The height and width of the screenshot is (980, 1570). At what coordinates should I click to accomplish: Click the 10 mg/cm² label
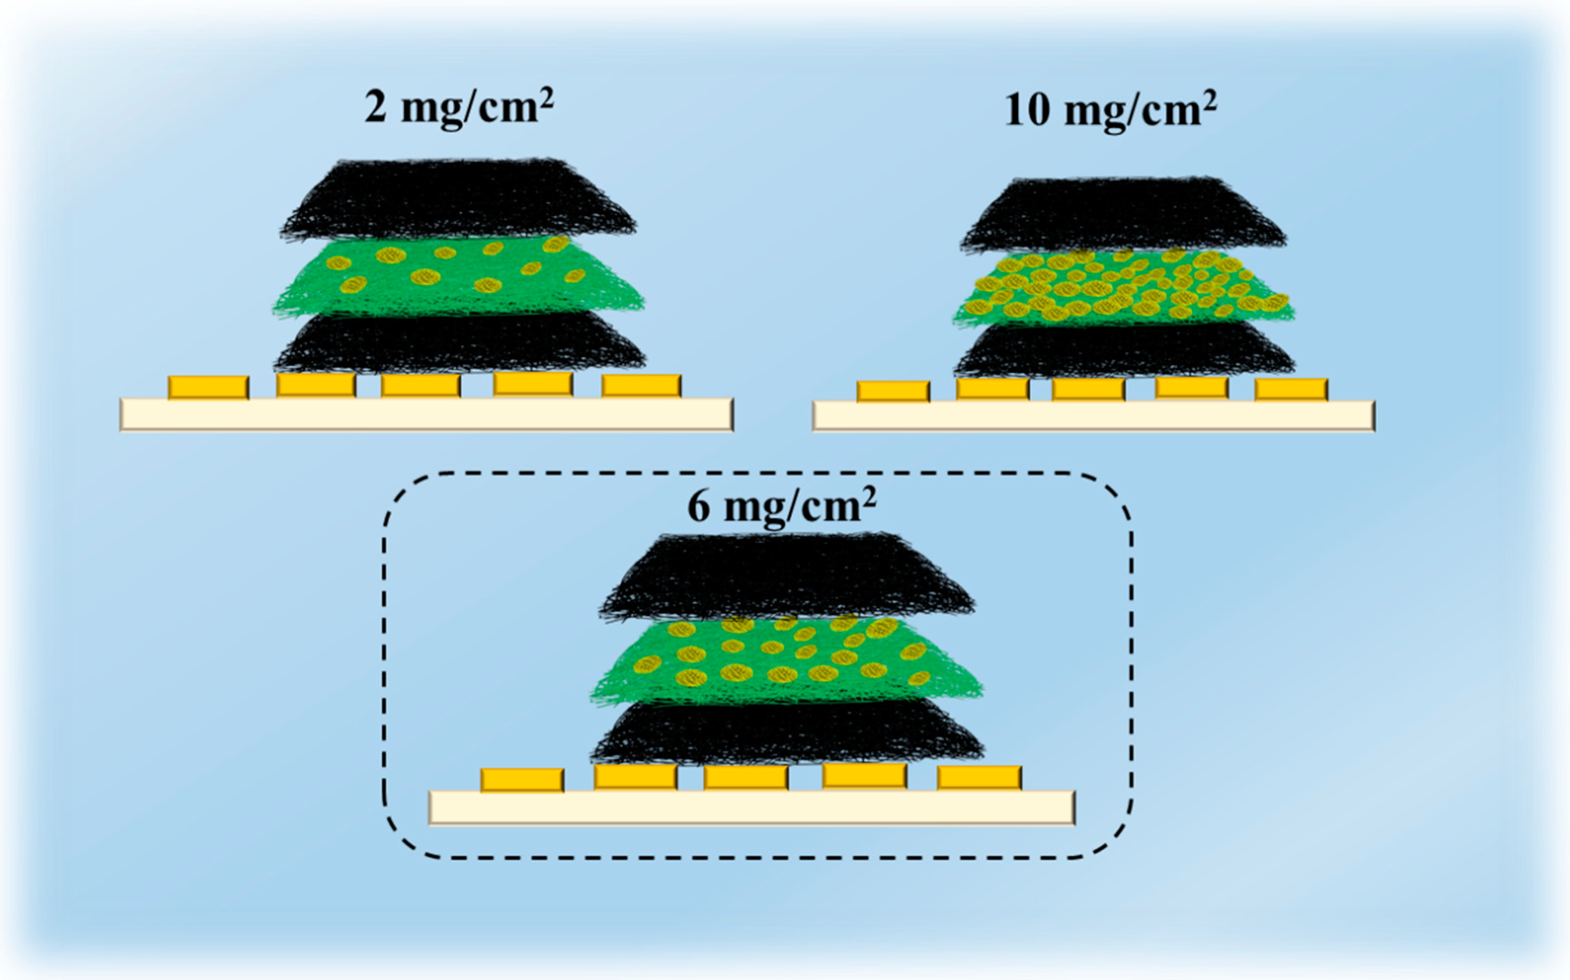point(1110,110)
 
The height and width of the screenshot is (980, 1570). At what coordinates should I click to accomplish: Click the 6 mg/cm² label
point(781,506)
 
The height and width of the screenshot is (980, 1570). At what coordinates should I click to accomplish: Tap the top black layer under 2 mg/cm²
point(458,199)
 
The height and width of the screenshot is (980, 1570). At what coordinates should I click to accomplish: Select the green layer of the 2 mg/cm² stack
point(458,279)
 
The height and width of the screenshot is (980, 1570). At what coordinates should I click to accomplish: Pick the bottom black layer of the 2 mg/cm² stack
point(459,343)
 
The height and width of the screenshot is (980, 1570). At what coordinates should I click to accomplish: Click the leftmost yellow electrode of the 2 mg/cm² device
point(208,387)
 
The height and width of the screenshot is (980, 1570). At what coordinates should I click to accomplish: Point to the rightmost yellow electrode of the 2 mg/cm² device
point(641,386)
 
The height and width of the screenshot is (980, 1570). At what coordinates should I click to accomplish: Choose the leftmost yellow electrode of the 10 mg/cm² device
point(893,392)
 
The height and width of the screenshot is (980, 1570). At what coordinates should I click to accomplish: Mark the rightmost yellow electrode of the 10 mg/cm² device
point(1291,389)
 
